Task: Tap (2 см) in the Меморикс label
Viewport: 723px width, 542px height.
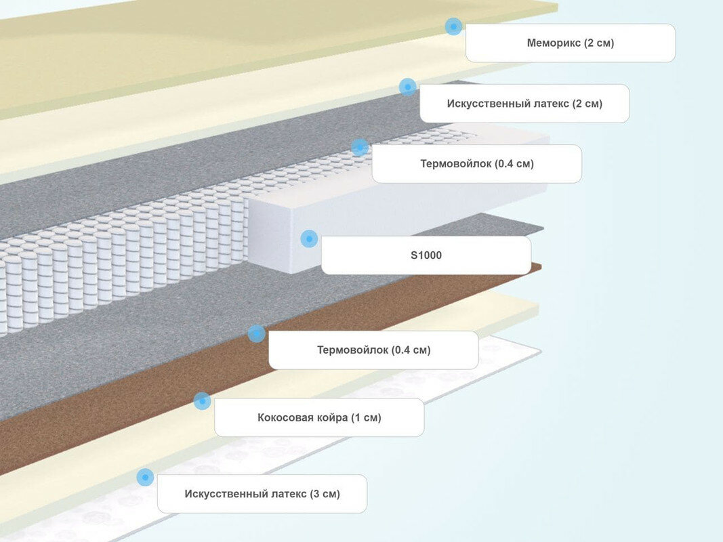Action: [x=600, y=43]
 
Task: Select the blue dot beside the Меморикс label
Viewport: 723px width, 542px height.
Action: [x=453, y=26]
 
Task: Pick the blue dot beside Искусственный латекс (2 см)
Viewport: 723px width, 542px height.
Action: [x=407, y=87]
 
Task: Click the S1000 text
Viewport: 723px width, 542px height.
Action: [x=426, y=255]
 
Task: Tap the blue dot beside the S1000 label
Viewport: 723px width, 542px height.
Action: [x=309, y=238]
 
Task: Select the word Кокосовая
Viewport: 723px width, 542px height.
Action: [x=285, y=417]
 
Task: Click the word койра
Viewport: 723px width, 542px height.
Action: [x=332, y=417]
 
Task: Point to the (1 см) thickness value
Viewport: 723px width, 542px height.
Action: [x=366, y=417]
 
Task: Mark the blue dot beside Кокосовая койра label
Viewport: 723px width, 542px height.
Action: [x=202, y=401]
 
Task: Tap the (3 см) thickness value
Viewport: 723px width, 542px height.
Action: [x=325, y=494]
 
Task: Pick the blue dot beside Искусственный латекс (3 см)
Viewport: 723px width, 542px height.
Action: [x=145, y=477]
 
